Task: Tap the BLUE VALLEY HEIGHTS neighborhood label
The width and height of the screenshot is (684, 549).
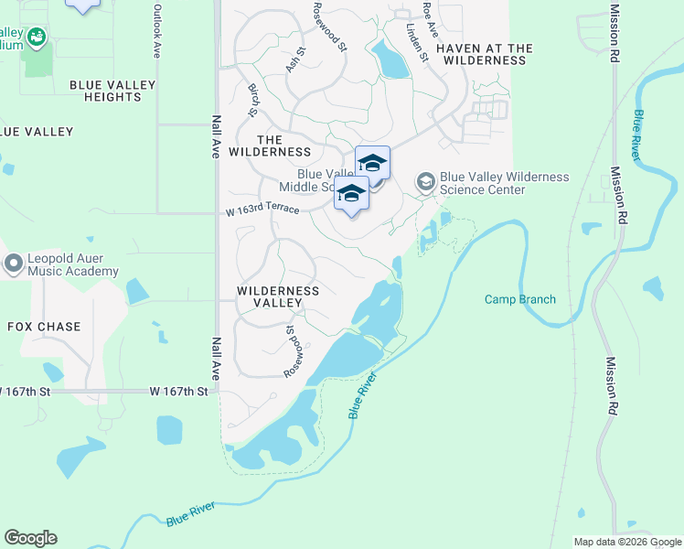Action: click(x=113, y=91)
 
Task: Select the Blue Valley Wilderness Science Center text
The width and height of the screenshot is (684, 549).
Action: click(x=504, y=183)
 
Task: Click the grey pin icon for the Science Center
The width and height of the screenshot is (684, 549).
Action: click(x=425, y=182)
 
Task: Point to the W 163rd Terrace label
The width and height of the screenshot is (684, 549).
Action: click(x=262, y=210)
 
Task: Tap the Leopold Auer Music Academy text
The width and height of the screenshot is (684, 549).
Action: click(x=73, y=264)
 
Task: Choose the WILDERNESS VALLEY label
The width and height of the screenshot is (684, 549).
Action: click(x=278, y=296)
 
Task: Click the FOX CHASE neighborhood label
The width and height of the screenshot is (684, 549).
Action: click(x=44, y=327)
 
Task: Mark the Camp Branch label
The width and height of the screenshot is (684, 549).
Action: click(x=519, y=299)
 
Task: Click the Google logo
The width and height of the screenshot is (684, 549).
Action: click(x=30, y=538)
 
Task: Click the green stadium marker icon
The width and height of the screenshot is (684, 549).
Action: click(x=37, y=38)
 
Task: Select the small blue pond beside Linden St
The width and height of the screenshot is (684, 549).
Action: click(x=391, y=61)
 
